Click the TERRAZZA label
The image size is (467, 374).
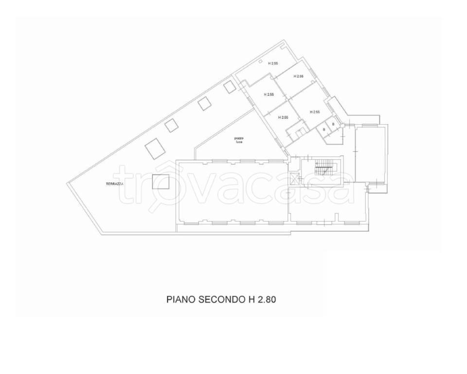click(x=115, y=184)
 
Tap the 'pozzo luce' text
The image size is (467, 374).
click(x=237, y=140)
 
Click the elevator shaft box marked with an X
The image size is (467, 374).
click(x=295, y=179)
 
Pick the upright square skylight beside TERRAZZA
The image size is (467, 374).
click(x=161, y=182)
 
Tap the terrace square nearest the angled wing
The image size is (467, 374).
click(x=230, y=87)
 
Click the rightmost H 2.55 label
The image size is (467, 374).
click(x=314, y=112)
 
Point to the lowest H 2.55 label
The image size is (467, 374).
click(x=283, y=117)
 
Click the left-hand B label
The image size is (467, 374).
click(x=324, y=130)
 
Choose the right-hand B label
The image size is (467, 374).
click(x=333, y=124)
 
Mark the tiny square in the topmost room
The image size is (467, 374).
click(x=260, y=62)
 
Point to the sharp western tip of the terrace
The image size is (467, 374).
click(x=67, y=183)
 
